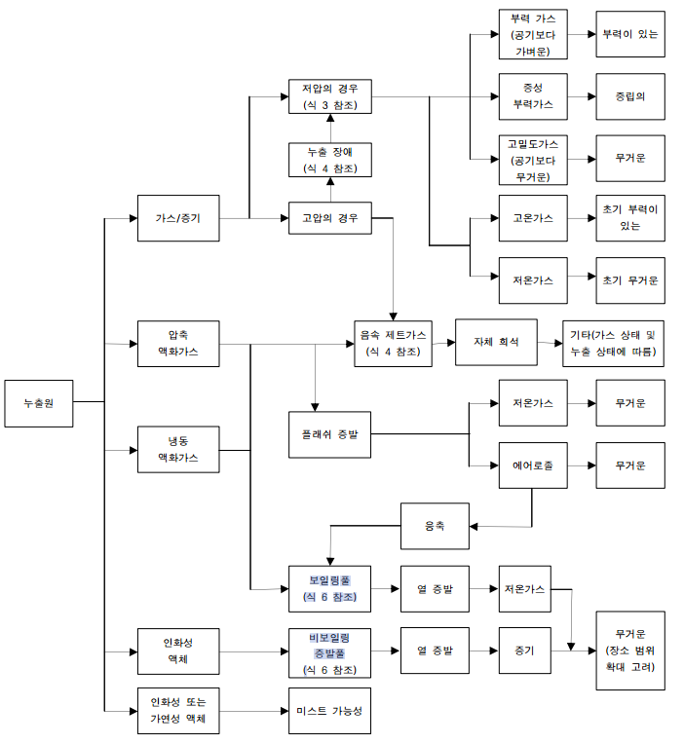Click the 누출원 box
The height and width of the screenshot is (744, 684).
(x=38, y=400)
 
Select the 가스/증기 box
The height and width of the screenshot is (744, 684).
(x=177, y=218)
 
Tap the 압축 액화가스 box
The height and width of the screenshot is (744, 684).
(x=177, y=343)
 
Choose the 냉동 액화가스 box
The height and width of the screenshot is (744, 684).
(x=177, y=449)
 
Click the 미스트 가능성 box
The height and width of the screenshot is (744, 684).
(x=329, y=711)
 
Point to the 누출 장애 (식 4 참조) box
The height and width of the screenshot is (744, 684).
(x=330, y=160)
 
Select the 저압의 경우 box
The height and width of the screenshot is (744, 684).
(x=330, y=97)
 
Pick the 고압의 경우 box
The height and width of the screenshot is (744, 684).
(x=330, y=218)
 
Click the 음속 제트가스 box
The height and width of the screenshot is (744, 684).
(x=393, y=343)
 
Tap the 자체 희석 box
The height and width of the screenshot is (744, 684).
(x=496, y=342)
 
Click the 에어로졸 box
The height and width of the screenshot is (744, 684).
(x=533, y=465)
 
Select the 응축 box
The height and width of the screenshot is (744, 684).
(x=435, y=525)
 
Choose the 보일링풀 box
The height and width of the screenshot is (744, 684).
(x=329, y=588)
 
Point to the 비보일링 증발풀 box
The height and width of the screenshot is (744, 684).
(x=329, y=652)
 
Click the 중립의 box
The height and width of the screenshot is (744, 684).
(x=630, y=97)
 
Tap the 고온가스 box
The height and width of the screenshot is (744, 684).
(x=533, y=218)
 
